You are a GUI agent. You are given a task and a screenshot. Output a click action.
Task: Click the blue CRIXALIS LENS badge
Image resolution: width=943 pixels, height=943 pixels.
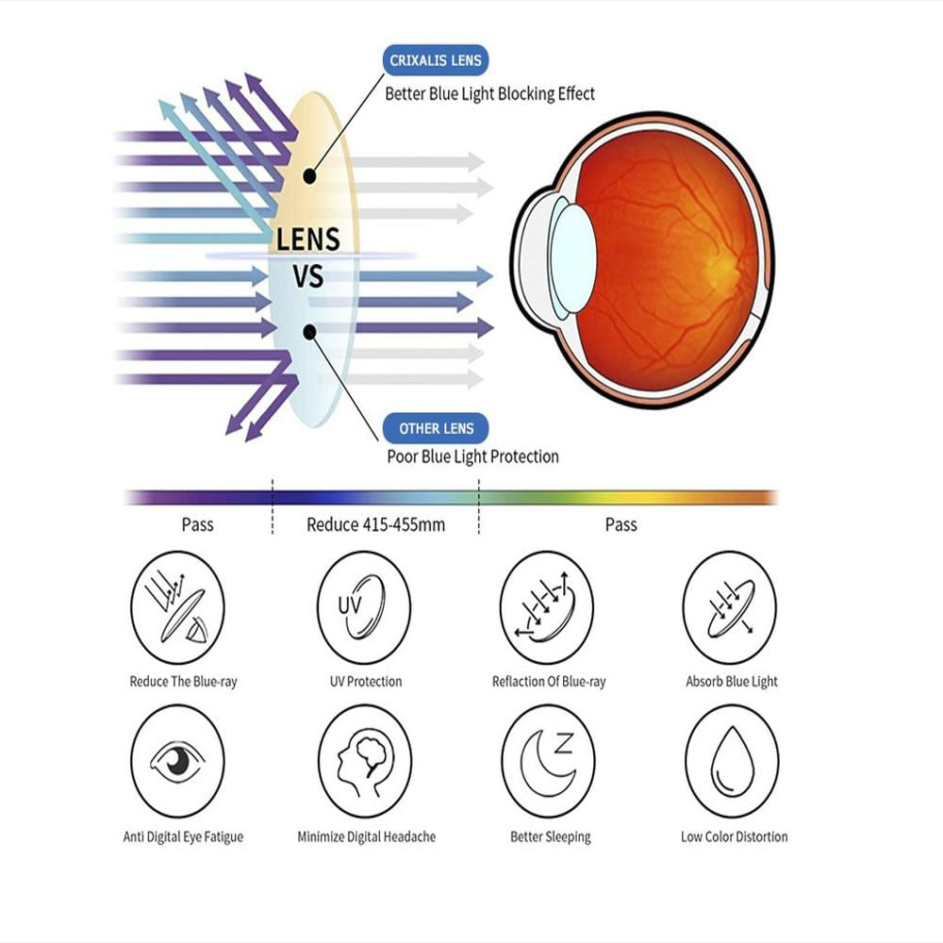[x=436, y=60]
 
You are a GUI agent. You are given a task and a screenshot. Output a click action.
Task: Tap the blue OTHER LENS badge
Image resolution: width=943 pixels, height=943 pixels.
[x=436, y=428]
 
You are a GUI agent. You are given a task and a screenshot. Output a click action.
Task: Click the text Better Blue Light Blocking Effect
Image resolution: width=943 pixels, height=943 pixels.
[x=489, y=93]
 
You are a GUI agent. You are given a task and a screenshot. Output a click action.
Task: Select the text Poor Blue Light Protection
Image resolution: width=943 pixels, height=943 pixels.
[x=472, y=456]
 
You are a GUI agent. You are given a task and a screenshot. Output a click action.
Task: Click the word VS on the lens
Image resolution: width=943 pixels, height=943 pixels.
[x=308, y=276]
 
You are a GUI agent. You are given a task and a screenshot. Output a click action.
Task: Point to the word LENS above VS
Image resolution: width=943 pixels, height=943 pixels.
[x=308, y=240]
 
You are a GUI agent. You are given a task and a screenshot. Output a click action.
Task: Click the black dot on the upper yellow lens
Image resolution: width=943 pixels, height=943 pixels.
[x=309, y=176]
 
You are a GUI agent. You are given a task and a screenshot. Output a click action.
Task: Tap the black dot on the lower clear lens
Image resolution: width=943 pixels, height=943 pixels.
[x=309, y=332]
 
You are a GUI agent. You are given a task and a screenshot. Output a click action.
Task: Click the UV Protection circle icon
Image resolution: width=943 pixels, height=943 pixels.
[x=364, y=607]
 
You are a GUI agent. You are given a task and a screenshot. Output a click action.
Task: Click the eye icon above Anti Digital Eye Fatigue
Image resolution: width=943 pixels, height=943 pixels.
[x=177, y=761]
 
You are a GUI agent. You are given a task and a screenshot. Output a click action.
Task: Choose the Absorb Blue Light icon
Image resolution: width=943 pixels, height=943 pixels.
[x=730, y=607]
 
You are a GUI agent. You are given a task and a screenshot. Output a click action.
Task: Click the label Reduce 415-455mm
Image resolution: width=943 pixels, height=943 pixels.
[x=376, y=525]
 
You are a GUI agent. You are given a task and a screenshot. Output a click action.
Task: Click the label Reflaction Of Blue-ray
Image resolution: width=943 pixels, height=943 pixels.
[x=549, y=682]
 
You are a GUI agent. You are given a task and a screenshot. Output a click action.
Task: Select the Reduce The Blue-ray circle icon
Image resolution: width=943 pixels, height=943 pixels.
[x=177, y=607]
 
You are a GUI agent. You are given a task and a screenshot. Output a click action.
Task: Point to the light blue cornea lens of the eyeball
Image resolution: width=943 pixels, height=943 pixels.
[x=572, y=258]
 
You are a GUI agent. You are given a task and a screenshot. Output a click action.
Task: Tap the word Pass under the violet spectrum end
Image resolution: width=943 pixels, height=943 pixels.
[x=197, y=524]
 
